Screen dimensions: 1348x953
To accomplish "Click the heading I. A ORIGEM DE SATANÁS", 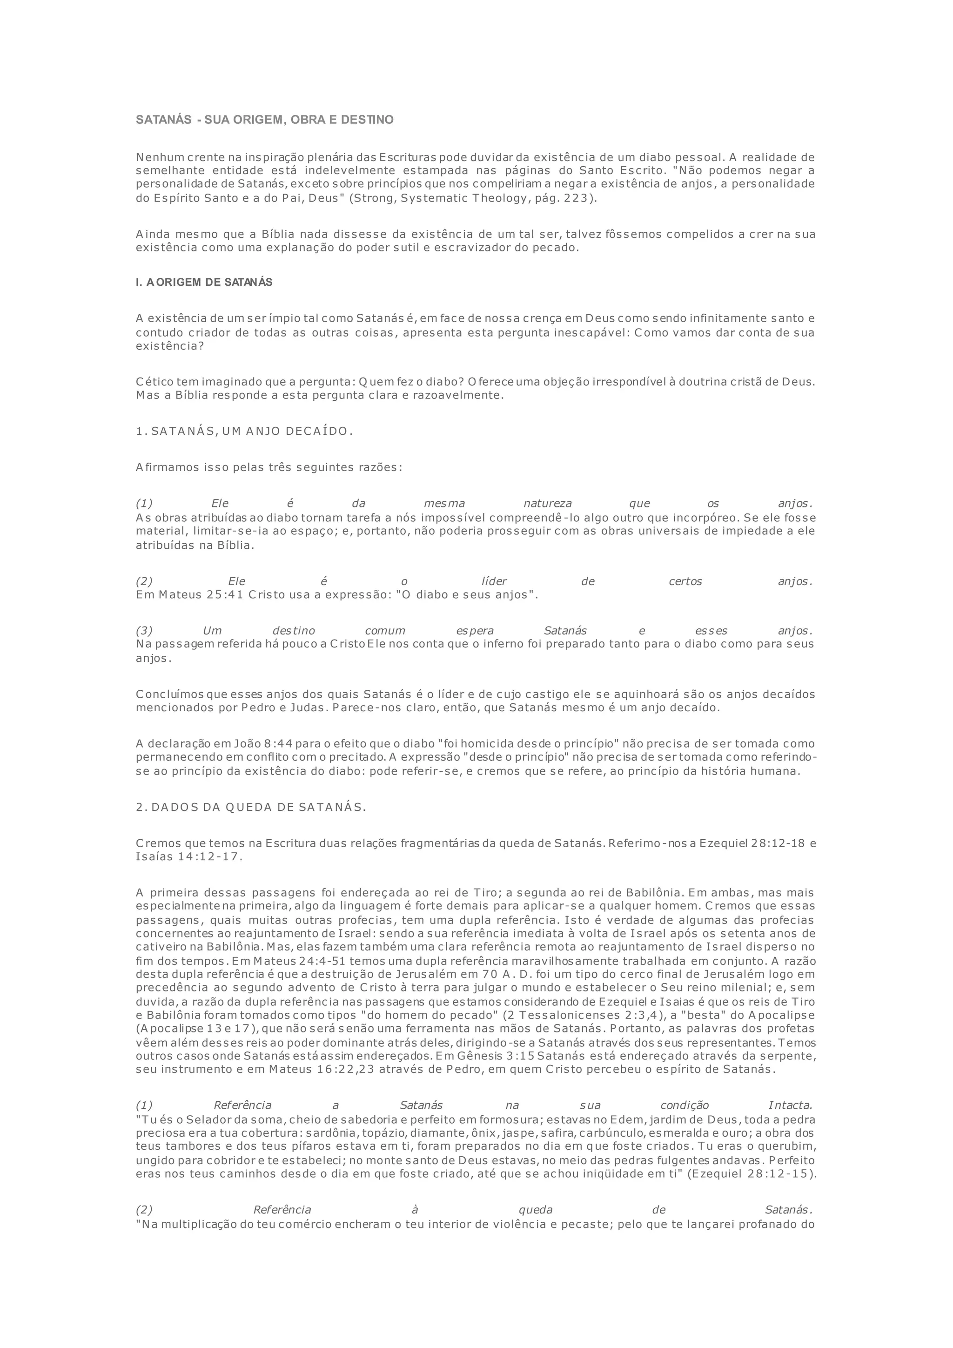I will click(x=204, y=283).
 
